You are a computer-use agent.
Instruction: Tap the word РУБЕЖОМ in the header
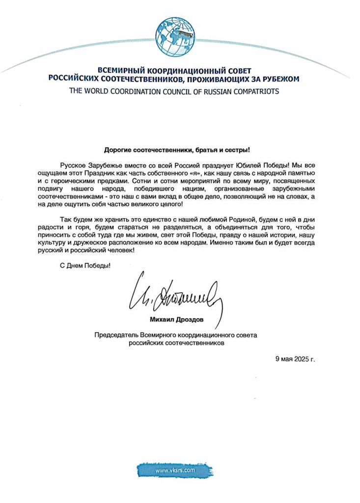pyautogui.click(x=279, y=79)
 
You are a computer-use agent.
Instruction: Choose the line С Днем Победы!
pyautogui.click(x=83, y=266)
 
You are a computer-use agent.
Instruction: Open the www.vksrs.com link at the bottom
pyautogui.click(x=175, y=470)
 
